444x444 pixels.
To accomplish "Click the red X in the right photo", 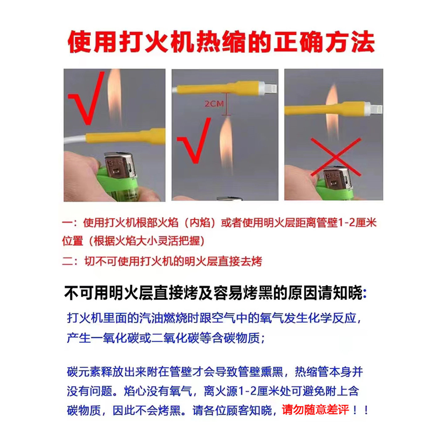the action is point(336,157).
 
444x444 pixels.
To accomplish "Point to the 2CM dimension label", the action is point(214,104).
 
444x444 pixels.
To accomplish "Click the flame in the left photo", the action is point(114,97).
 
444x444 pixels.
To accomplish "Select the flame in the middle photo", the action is point(227,145).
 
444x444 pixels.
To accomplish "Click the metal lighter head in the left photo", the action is point(120,166).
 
